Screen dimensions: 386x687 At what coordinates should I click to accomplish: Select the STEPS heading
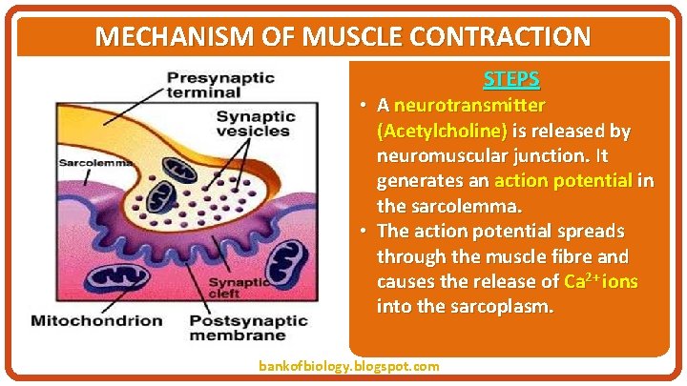click(x=511, y=79)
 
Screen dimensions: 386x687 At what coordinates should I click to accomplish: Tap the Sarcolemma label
click(x=94, y=163)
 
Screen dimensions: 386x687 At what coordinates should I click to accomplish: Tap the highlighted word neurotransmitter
click(x=469, y=104)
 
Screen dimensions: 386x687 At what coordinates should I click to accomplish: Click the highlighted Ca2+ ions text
click(x=601, y=282)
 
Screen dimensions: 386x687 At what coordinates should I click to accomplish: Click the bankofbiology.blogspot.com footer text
click(x=349, y=366)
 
